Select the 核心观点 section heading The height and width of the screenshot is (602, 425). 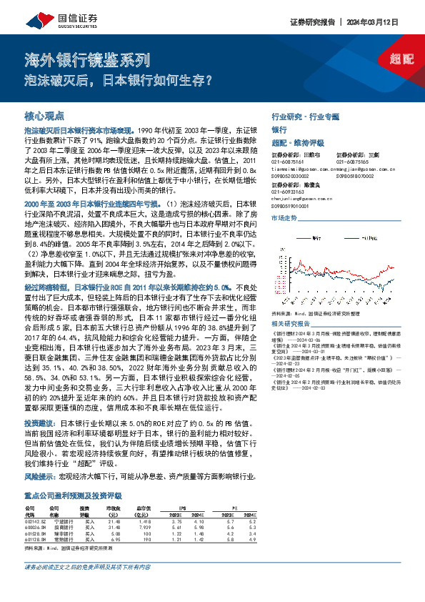pos(44,115)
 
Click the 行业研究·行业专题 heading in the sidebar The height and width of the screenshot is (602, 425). pos(305,115)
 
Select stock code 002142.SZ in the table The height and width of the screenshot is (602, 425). pos(35,522)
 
